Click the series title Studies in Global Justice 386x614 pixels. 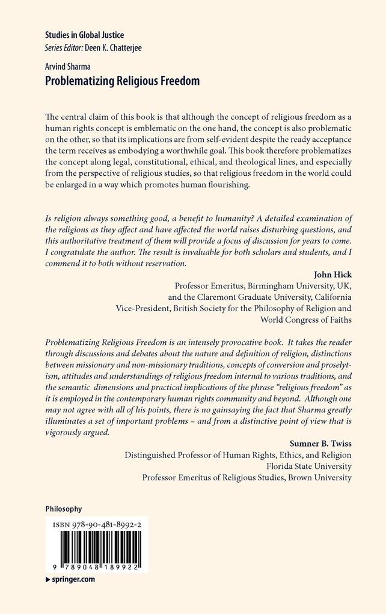[85, 36]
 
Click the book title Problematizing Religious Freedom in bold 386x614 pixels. [123, 81]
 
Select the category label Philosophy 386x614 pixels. [64, 509]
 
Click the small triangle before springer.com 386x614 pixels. [48, 579]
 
